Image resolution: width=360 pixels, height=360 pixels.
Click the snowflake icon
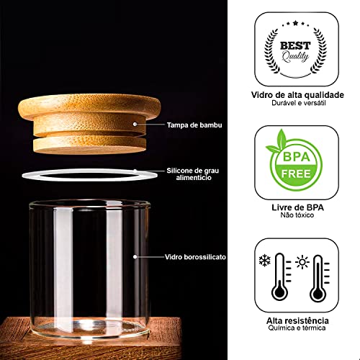click(266, 258)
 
